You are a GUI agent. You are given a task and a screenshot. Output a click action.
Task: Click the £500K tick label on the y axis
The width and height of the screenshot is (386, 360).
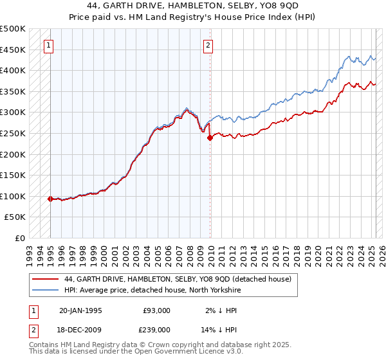coord(13,29)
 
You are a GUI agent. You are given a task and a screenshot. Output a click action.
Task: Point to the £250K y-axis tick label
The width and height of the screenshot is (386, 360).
coord(13,133)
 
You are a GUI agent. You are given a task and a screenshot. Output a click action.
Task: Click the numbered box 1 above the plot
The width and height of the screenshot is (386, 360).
coord(50,45)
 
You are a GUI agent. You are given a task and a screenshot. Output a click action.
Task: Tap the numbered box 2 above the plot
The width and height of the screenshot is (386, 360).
coord(208,45)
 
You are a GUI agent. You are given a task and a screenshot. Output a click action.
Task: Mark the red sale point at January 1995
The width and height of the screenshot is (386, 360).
coord(50,199)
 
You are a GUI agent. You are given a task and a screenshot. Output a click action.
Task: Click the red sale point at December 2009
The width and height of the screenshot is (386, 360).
coord(210,138)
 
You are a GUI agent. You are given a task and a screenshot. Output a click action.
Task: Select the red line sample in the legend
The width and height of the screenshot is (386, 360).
coord(44,280)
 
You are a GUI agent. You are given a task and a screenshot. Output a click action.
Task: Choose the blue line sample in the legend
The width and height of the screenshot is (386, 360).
coord(44,290)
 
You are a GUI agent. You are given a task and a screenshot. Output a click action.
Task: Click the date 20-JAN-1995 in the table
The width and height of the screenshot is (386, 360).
coord(80,310)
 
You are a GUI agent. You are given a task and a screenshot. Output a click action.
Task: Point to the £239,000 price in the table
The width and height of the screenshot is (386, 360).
coord(157,329)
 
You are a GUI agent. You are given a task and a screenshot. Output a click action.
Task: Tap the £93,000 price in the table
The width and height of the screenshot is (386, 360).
coord(157,310)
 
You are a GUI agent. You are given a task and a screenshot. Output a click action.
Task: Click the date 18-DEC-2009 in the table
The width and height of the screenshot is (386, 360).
coord(80,329)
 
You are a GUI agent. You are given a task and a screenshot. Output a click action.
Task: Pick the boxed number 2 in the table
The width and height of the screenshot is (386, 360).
coord(33,329)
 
